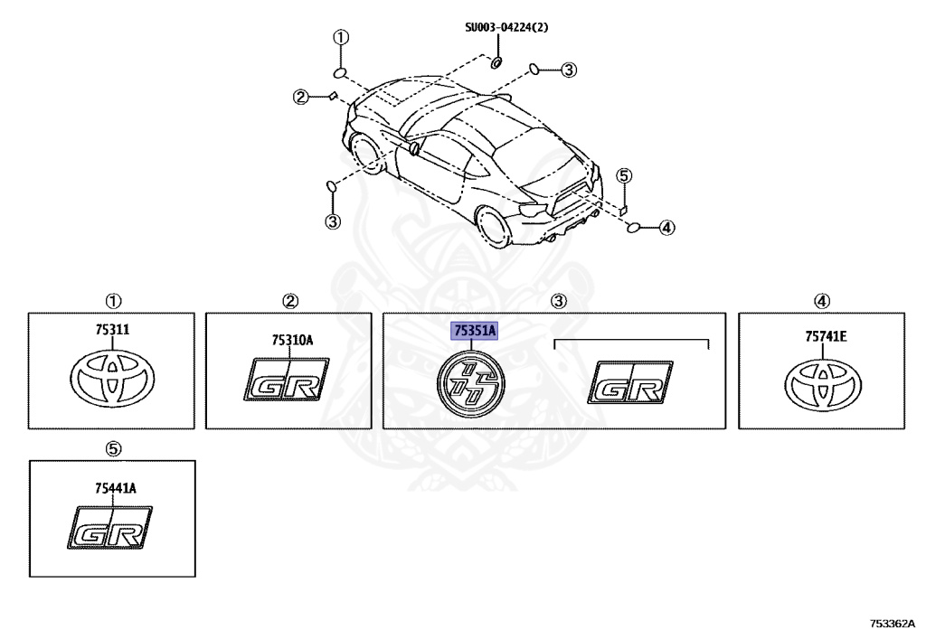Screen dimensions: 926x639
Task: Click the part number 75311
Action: point(113,331)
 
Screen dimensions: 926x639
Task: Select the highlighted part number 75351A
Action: point(475,331)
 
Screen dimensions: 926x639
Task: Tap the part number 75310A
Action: point(290,340)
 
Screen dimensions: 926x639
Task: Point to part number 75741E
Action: point(826,336)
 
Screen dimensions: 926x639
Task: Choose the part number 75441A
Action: point(114,488)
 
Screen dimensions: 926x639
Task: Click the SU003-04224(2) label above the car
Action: point(506,27)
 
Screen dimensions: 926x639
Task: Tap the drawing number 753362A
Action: point(892,623)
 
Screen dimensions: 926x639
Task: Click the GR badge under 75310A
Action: point(288,381)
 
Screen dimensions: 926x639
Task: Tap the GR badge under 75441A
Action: point(111,528)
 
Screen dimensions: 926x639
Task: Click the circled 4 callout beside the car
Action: point(666,228)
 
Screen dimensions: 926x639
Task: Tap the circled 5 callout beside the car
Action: point(625,176)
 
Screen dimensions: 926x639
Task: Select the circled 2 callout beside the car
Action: point(299,97)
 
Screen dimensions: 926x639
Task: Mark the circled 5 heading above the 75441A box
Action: point(113,448)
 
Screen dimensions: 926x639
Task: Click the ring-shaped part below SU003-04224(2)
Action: point(497,62)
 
